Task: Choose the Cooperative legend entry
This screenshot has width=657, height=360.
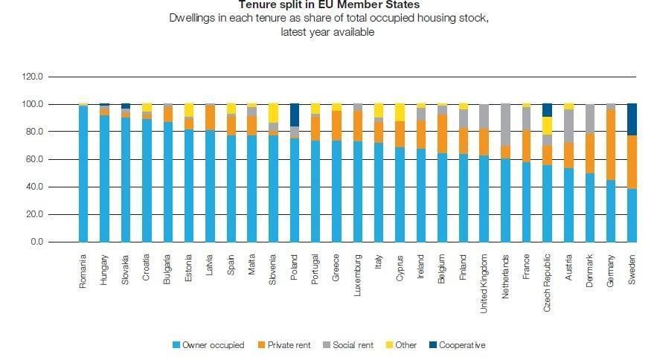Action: pos(461,345)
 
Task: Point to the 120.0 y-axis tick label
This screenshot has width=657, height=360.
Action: pos(33,77)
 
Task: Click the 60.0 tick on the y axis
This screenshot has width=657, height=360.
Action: pos(35,159)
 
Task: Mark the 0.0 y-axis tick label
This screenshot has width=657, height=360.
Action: pos(38,242)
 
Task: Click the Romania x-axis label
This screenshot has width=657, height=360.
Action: pos(83,273)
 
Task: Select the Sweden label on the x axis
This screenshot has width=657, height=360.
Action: pos(632,271)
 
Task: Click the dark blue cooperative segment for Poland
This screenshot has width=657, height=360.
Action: pos(295,115)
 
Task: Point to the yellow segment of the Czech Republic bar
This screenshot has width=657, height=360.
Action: pos(548,126)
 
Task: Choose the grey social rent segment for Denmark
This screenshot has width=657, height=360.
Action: pos(590,118)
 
